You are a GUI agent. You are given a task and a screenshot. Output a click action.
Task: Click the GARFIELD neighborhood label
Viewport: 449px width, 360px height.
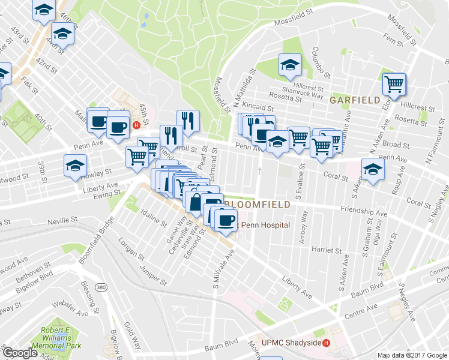(x=354, y=100)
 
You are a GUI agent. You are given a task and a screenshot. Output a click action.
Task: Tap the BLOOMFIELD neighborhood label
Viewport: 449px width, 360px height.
(x=258, y=205)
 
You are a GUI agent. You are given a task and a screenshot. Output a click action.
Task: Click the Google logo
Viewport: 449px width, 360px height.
(x=20, y=353)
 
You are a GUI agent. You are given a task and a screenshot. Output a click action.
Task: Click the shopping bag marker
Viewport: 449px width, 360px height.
(x=195, y=202)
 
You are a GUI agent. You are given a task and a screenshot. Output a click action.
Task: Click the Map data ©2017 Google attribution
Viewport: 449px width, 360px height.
(x=412, y=355)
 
